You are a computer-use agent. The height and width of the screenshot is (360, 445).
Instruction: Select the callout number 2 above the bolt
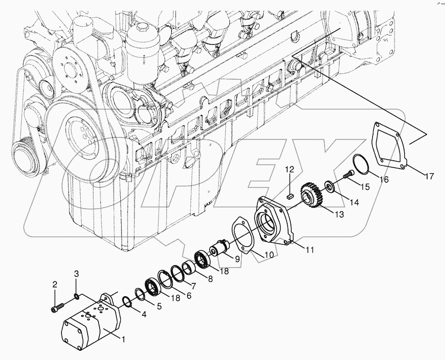(x=55, y=285)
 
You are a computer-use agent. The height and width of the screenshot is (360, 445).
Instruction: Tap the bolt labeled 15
(x=349, y=174)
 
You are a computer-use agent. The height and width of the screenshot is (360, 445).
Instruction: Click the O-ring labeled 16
(x=362, y=164)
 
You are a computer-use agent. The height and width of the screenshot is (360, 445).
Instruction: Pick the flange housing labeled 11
(x=273, y=220)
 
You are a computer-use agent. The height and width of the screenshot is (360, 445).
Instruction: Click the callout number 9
(x=237, y=259)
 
